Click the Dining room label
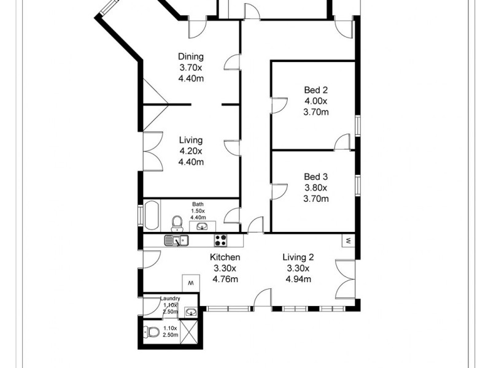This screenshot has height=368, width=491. (190, 57)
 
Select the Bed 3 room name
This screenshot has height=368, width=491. (317, 177)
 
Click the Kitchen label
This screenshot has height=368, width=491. (225, 258)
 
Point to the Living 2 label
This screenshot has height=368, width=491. (298, 258)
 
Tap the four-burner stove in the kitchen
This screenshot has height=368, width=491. (221, 240)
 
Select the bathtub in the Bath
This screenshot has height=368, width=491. (151, 216)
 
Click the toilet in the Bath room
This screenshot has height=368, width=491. (177, 221)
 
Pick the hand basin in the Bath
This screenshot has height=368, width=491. (203, 226)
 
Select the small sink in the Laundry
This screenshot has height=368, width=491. (191, 312)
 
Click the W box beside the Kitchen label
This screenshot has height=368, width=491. (190, 283)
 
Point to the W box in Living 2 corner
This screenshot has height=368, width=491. (348, 240)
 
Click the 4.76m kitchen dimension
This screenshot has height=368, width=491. (225, 280)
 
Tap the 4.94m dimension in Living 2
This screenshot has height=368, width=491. (298, 280)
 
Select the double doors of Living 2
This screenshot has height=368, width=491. (345, 280)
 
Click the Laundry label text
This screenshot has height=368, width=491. (169, 299)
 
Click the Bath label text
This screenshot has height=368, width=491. (198, 205)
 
